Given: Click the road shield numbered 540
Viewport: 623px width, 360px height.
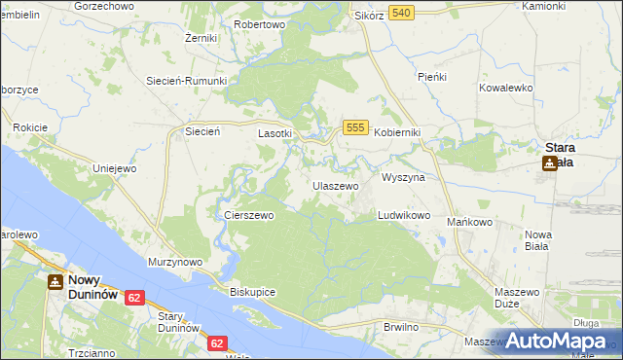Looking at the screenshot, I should [401, 12].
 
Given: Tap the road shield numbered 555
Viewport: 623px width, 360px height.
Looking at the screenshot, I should [355, 127].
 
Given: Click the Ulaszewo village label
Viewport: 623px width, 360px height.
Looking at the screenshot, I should [336, 185].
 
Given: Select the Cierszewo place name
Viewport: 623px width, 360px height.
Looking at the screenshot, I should [249, 216].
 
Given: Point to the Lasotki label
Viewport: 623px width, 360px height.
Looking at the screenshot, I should [275, 133].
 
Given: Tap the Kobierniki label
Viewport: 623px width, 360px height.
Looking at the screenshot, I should [398, 133].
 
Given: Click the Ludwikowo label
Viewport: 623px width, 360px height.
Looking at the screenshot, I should [404, 215].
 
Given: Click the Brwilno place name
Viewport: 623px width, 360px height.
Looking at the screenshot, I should [401, 327].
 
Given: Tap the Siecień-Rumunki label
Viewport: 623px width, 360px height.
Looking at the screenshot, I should [186, 81].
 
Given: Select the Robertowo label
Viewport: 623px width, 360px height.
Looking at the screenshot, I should [260, 24].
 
